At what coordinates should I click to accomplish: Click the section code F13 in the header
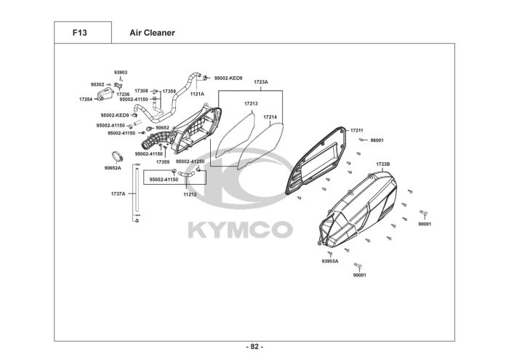pyautogui.click(x=80, y=33)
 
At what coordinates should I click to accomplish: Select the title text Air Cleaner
pyautogui.click(x=152, y=33)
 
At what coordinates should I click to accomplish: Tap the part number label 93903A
pyautogui.click(x=329, y=260)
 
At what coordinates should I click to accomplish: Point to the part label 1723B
pyautogui.click(x=383, y=164)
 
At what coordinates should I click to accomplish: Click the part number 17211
pyautogui.click(x=356, y=130)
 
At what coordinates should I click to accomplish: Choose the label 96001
pyautogui.click(x=377, y=140)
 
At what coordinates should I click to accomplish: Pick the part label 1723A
pyautogui.click(x=261, y=82)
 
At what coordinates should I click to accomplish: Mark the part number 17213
pyautogui.click(x=250, y=103)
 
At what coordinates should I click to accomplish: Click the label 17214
pyautogui.click(x=270, y=116)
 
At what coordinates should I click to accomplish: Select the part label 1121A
pyautogui.click(x=197, y=94)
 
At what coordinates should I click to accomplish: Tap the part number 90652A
pyautogui.click(x=113, y=167)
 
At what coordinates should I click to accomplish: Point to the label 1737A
pyautogui.click(x=118, y=194)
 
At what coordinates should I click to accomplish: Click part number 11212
pyautogui.click(x=190, y=194)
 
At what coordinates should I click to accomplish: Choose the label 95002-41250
pyautogui.click(x=190, y=161)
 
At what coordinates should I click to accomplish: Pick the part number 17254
pyautogui.click(x=86, y=99)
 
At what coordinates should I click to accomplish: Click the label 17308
pyautogui.click(x=141, y=91)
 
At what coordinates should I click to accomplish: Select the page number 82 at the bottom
pyautogui.click(x=254, y=346)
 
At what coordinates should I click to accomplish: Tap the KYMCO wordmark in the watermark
pyautogui.click(x=241, y=231)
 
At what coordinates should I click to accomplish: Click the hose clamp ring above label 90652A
pyautogui.click(x=115, y=156)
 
